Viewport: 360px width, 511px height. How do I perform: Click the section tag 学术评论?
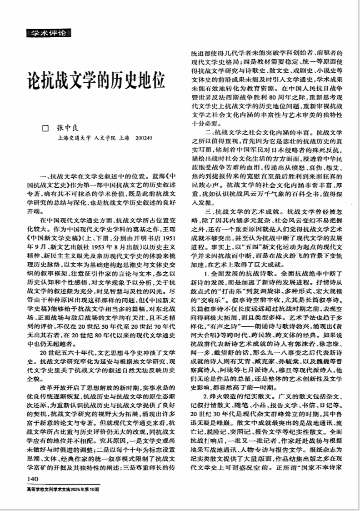pyautogui.click(x=48, y=33)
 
